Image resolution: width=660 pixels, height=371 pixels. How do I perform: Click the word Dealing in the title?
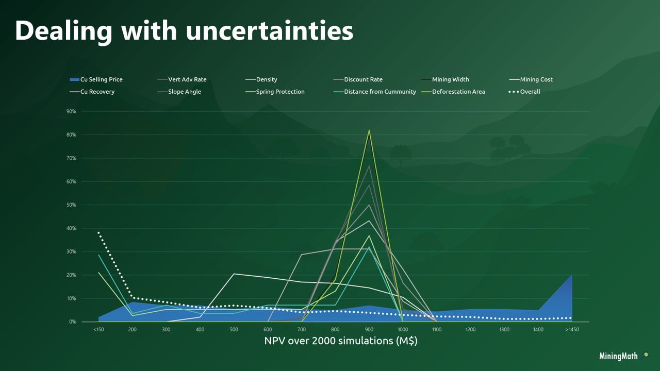(63, 31)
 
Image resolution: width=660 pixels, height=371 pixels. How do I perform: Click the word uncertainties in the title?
(269, 31)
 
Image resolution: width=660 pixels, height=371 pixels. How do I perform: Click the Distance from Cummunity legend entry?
(379, 92)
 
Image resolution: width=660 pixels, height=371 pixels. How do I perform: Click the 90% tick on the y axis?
(71, 111)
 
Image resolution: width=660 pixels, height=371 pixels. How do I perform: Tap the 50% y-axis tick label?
(71, 205)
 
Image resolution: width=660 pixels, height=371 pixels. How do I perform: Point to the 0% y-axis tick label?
(72, 322)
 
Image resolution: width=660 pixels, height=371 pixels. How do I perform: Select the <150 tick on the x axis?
(98, 329)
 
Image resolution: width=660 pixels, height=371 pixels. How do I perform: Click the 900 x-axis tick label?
(369, 329)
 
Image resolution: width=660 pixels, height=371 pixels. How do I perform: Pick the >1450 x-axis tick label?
(571, 329)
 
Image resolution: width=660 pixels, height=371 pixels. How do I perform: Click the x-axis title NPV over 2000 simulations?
(340, 341)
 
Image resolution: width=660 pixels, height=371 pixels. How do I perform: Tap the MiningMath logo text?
(618, 356)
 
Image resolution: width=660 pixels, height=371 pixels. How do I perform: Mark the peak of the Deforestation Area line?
(369, 130)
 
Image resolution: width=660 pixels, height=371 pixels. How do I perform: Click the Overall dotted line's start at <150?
(98, 232)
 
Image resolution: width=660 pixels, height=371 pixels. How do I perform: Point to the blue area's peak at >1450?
(571, 275)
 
